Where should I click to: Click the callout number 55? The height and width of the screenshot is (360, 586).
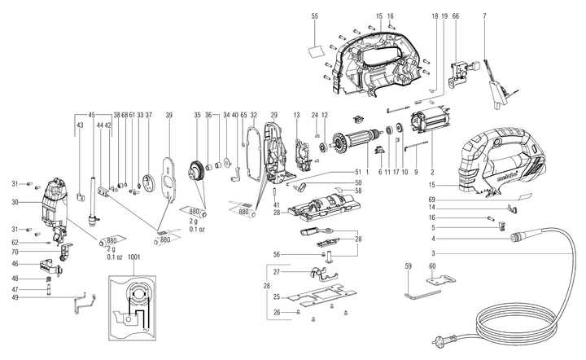(314, 16)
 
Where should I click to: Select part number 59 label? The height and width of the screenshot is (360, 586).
(408, 266)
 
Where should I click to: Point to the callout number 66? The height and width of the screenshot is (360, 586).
(456, 16)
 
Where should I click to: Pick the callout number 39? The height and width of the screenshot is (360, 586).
(169, 115)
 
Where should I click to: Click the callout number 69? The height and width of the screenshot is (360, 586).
(479, 199)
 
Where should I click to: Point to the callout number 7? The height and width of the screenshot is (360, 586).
(484, 16)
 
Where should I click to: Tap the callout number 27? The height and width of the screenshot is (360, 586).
(277, 270)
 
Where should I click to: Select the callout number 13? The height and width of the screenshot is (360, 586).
(296, 115)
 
